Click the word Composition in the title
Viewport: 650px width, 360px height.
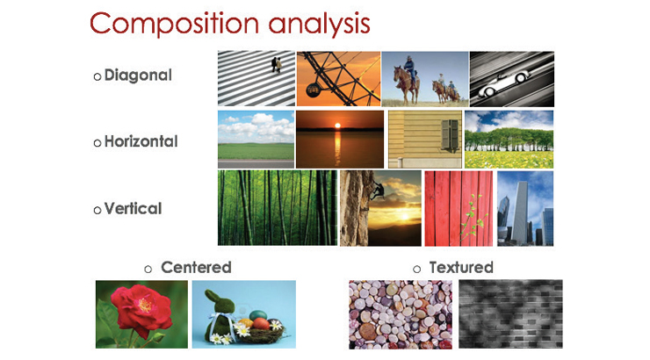pyautogui.click(x=175, y=24)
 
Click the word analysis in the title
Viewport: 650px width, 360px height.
pyautogui.click(x=319, y=24)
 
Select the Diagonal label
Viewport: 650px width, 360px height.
pyautogui.click(x=138, y=76)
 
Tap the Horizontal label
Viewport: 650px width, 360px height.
pyautogui.click(x=141, y=141)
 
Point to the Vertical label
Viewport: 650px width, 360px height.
pyautogui.click(x=133, y=208)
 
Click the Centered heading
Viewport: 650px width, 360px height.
pyautogui.click(x=196, y=267)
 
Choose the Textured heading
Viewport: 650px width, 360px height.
pyautogui.click(x=461, y=267)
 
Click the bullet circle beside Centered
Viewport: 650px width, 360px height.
pyautogui.click(x=148, y=270)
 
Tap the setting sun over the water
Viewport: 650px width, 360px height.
pyautogui.click(x=338, y=125)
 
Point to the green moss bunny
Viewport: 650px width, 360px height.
pyautogui.click(x=220, y=313)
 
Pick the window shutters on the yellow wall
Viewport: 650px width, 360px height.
pyautogui.click(x=450, y=133)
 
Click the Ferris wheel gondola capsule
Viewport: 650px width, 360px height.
pyautogui.click(x=313, y=89)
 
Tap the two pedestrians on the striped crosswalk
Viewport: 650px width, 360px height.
pyautogui.click(x=276, y=65)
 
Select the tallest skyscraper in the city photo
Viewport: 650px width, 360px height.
pyautogui.click(x=520, y=212)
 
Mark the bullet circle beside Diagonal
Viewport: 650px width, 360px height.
pyautogui.click(x=97, y=76)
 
